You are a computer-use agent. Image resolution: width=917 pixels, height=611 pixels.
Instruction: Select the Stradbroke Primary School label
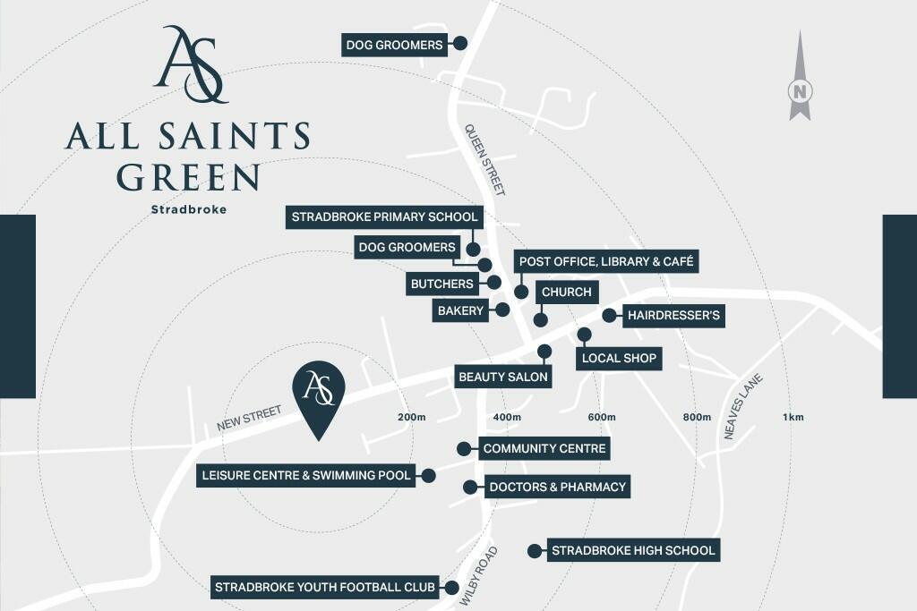coord(384,216)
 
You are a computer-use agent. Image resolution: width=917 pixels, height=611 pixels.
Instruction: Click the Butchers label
coord(441,284)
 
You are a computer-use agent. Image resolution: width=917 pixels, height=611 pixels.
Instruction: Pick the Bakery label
coord(461,311)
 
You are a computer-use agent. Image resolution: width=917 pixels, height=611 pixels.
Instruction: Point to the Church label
coord(566,293)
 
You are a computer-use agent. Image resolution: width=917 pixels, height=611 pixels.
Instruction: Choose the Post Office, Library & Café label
coord(605,261)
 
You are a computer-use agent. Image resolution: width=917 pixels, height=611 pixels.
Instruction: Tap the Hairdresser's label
coord(673,315)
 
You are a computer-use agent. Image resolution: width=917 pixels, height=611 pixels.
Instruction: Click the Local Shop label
coord(619,359)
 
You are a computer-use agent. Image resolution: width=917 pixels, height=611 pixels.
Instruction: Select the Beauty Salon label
coord(502,377)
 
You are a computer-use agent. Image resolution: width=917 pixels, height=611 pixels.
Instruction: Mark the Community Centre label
coord(544,448)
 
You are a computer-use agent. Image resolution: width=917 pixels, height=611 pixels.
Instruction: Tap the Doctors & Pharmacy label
coord(556,488)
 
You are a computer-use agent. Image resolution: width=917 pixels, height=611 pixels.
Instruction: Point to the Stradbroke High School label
coord(633,550)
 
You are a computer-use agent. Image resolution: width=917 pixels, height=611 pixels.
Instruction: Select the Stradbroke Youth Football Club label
coord(324,588)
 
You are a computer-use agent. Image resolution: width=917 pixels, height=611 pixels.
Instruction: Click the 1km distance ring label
coord(793,417)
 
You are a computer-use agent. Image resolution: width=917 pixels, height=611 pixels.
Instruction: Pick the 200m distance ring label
coord(411,417)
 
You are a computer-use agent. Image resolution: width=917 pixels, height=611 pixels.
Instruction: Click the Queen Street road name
coord(484,159)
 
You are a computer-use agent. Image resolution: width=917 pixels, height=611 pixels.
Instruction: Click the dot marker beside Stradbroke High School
coord(534,551)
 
